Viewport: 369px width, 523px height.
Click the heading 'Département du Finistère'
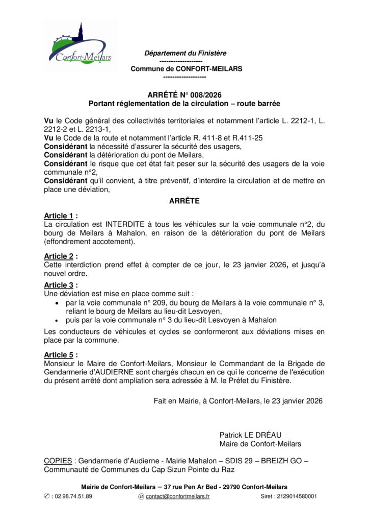[x=185, y=53]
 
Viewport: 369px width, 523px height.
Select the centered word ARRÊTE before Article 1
[x=184, y=201]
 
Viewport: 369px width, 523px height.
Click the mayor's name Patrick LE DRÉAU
[x=250, y=435]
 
